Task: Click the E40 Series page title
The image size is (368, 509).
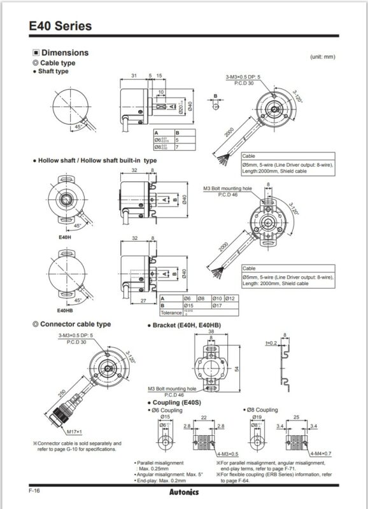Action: [x=60, y=26]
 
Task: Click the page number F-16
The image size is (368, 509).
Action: [x=35, y=491]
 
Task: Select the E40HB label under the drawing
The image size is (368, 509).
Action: [x=64, y=310]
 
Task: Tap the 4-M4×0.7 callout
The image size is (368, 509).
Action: [x=319, y=453]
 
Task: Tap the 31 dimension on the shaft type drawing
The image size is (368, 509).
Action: [x=134, y=76]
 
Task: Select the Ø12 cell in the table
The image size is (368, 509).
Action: [x=230, y=298]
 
